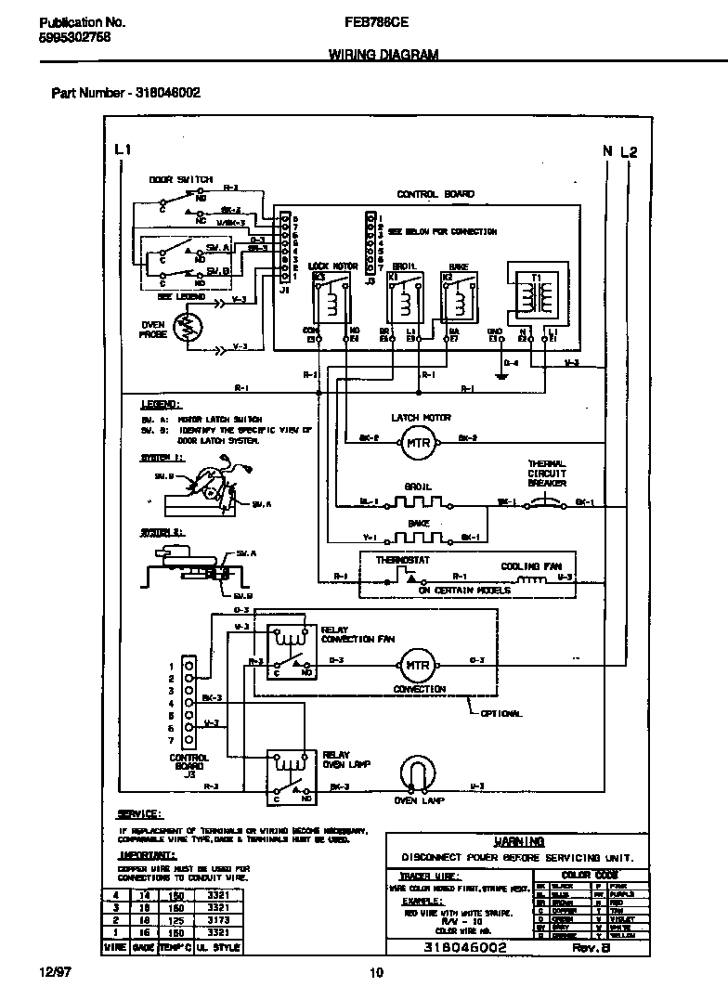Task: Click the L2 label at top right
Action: click(x=629, y=151)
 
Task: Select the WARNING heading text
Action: click(x=519, y=841)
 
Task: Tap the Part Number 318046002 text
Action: click(x=125, y=93)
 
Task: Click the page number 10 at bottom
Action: click(x=376, y=973)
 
